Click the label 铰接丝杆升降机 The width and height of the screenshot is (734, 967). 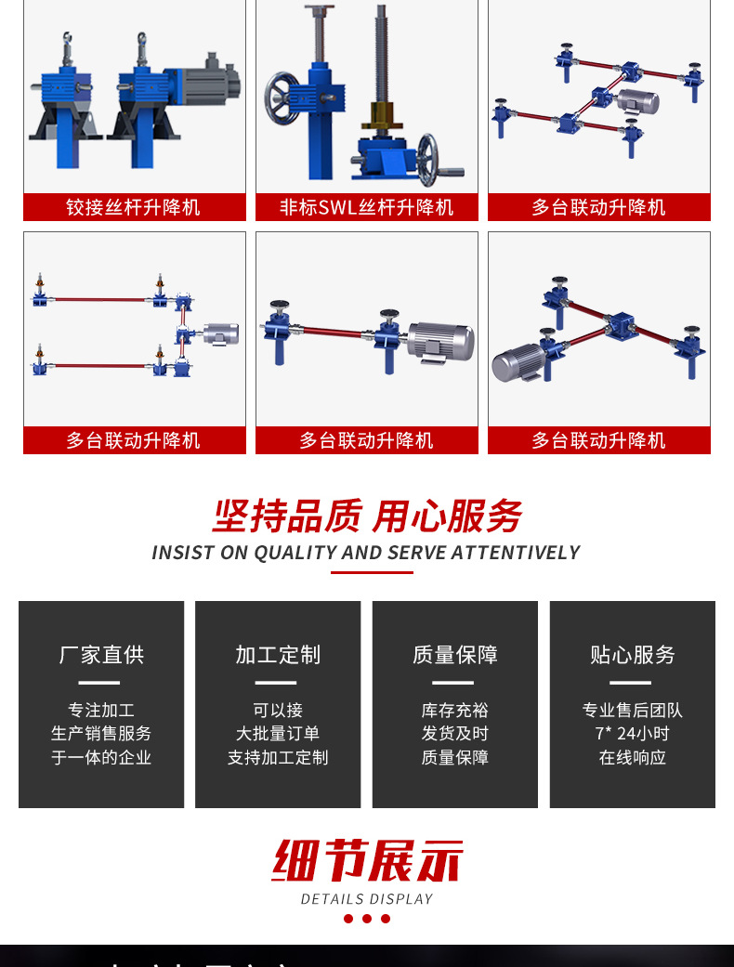pos(134,207)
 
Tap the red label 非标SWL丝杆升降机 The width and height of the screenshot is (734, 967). pos(366,207)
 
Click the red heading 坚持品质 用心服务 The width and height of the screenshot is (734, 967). pos(367,516)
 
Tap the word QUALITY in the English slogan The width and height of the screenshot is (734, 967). pos(295,553)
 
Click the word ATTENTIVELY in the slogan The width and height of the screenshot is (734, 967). pos(515,553)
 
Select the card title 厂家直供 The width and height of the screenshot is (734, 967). pos(101,655)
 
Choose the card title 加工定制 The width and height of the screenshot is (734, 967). pos(278,655)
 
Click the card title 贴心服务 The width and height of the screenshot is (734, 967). pos(632,655)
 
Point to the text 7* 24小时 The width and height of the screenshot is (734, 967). pos(632,734)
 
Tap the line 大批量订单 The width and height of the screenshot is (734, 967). pos(278,734)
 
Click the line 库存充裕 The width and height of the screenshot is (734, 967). pos(454,711)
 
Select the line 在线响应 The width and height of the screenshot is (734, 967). pos(632,757)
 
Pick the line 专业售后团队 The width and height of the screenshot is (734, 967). pos(632,711)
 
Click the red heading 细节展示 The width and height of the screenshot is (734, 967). pos(367,861)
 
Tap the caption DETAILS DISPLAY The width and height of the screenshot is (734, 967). pos(367,899)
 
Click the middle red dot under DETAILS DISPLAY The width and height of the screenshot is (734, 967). pos(367,919)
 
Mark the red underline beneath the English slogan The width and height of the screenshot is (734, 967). pos(372,572)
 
